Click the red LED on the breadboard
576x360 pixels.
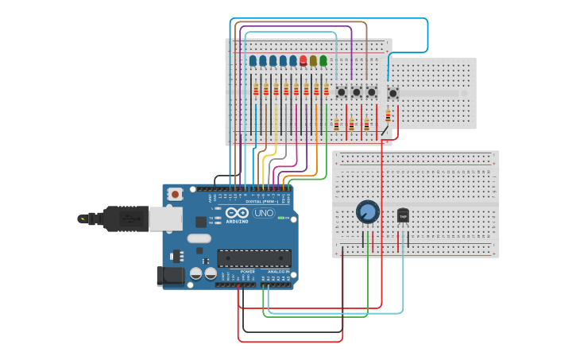[303, 60]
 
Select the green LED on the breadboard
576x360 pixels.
[323, 60]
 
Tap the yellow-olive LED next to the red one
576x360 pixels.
[313, 60]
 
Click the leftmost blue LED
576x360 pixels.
[253, 60]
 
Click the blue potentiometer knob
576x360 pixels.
[367, 211]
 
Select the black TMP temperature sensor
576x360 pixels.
[403, 215]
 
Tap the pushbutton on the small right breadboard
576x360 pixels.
[392, 93]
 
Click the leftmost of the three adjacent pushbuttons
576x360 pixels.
[341, 92]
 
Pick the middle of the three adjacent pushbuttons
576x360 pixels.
[356, 92]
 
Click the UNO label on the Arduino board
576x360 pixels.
[264, 213]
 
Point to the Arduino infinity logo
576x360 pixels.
[237, 212]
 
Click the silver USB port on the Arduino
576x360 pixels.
[165, 219]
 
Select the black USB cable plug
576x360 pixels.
[115, 218]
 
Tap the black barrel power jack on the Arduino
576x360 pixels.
[169, 276]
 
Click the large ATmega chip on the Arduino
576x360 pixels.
[254, 258]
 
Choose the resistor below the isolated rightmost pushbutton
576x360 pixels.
[388, 115]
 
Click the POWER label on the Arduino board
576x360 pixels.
[247, 272]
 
